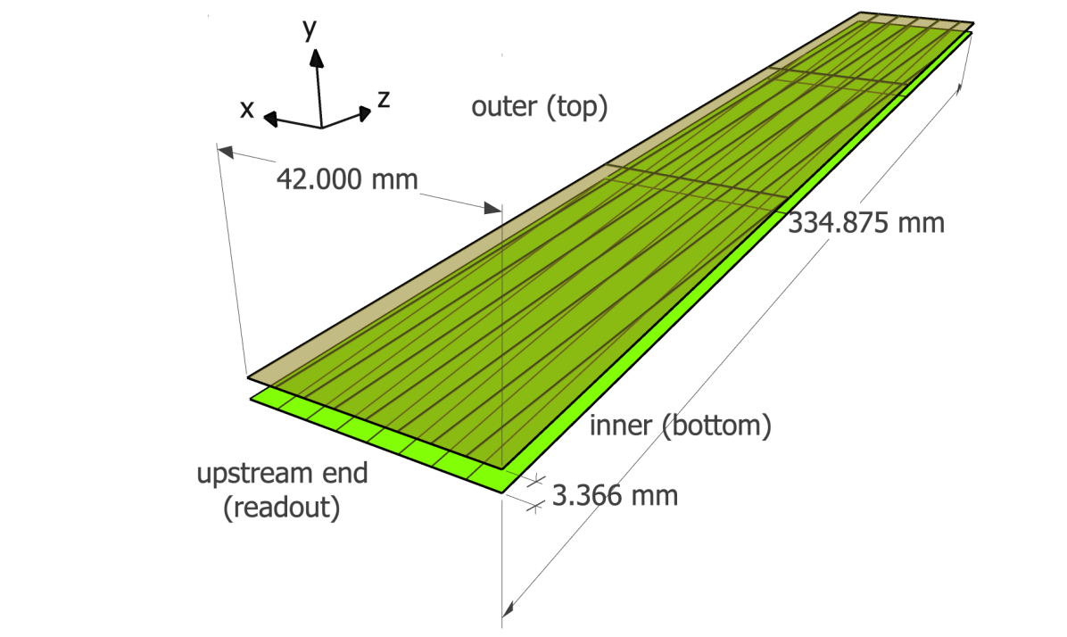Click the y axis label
(310, 31)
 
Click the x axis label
(248, 109)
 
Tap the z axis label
(384, 99)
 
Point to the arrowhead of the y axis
(315, 58)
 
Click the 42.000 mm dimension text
(347, 179)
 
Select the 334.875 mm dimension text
(865, 223)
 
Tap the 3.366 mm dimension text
(615, 495)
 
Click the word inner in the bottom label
(622, 426)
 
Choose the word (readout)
(282, 508)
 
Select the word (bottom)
(717, 426)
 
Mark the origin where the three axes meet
(320, 128)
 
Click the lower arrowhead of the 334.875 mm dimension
(509, 609)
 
